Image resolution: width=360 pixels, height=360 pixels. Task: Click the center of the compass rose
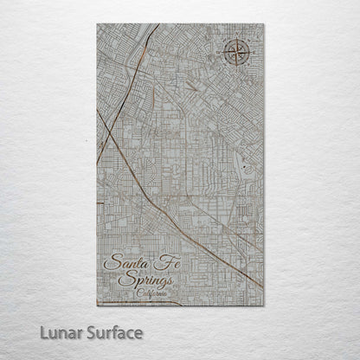click(x=234, y=53)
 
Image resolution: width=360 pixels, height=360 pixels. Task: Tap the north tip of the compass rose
click(x=234, y=37)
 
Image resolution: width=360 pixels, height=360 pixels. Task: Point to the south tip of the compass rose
click(x=234, y=68)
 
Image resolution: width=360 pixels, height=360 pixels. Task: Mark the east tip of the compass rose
click(x=249, y=53)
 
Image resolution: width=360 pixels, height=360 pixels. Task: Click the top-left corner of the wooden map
click(x=97, y=24)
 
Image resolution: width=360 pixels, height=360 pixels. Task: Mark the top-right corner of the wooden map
click(x=264, y=24)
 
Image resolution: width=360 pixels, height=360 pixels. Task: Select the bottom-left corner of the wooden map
click(x=97, y=305)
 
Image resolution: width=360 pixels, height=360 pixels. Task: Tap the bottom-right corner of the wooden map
click(x=264, y=305)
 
